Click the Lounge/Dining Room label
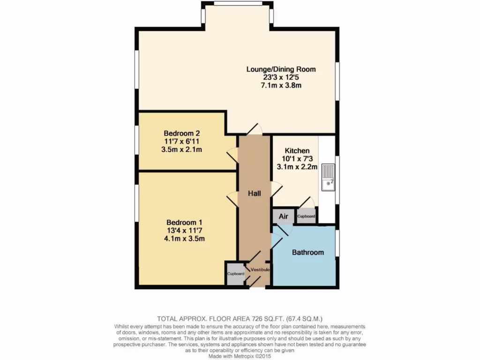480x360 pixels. pos(281,69)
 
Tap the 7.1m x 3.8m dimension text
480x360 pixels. pos(281,85)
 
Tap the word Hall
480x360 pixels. pos(255,193)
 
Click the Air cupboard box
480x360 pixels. pos(284,217)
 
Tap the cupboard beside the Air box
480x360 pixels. pos(306,216)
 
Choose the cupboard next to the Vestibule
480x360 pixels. pos(236,274)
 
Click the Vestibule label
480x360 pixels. pos(260,270)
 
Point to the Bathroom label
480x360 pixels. pos(308,252)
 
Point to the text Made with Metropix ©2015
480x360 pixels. pos(240,356)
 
